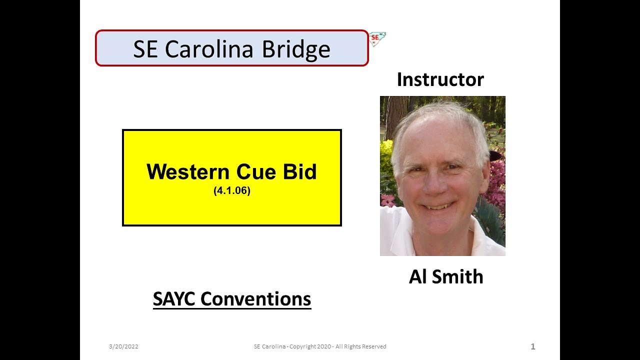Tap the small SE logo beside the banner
377,38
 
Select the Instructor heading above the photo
440,79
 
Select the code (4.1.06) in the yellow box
231,190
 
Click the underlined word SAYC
174,299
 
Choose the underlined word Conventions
255,299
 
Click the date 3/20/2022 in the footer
123,346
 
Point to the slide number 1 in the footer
532,346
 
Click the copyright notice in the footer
320,346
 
